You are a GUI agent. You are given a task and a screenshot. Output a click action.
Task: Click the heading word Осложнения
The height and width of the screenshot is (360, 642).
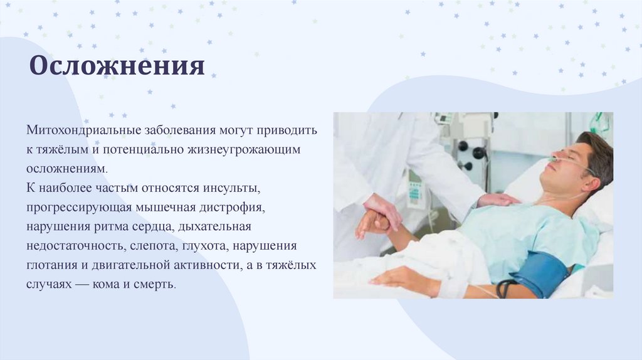click(117, 65)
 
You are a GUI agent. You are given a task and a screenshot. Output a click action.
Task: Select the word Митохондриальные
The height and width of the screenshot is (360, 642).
click(83, 130)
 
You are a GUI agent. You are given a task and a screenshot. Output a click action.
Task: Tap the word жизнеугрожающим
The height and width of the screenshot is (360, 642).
click(244, 150)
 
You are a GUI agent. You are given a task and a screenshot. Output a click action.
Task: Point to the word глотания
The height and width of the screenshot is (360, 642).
click(51, 265)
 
